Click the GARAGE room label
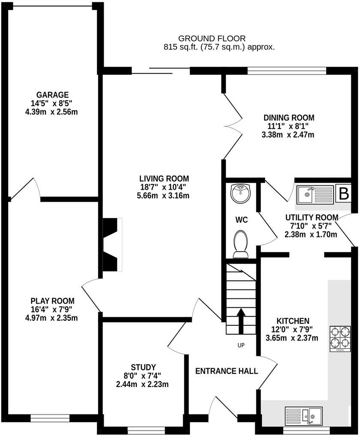pyautogui.click(x=52, y=95)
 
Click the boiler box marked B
pyautogui.click(x=344, y=194)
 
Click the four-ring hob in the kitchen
pyautogui.click(x=339, y=339)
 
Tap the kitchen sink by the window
pyautogui.click(x=312, y=415)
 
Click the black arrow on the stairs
pyautogui.click(x=240, y=321)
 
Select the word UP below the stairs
pyautogui.click(x=241, y=345)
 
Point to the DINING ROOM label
pyautogui.click(x=288, y=118)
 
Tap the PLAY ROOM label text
pyautogui.click(x=52, y=301)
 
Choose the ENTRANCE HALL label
pyautogui.click(x=227, y=371)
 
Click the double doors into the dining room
pyautogui.click(x=232, y=122)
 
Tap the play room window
pyautogui.click(x=49, y=416)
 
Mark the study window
pyautogui.click(x=146, y=428)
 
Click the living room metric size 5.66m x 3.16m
pyautogui.click(x=164, y=196)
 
